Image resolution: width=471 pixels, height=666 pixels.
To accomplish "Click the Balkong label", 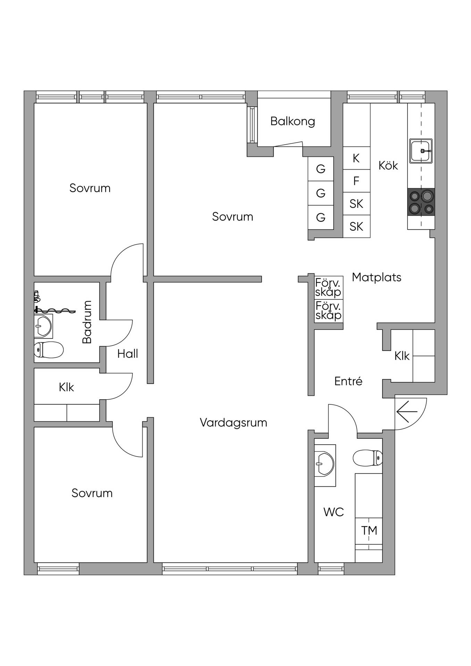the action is coord(293,121).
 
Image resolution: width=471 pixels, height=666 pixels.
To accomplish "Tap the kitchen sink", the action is coord(421,151).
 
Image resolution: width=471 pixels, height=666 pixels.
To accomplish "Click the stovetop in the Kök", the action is coord(421,202).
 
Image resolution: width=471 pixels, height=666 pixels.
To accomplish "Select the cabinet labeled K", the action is coord(356,158).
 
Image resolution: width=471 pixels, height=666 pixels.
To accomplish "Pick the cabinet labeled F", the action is coord(356,181).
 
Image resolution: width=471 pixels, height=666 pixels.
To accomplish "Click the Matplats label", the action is coord(377,277).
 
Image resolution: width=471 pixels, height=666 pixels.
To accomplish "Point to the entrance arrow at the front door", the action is coord(407,412).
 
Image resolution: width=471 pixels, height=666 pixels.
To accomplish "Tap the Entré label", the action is coord(348,381).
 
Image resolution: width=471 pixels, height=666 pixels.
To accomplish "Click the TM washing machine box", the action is coord(369,530).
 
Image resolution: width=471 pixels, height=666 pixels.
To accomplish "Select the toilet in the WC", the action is coord(368,458).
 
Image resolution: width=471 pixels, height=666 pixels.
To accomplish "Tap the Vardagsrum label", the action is coord(234,422).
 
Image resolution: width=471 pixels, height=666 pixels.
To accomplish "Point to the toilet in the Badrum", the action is coord(49,350).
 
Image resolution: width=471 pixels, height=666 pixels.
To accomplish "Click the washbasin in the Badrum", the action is coord(43,326).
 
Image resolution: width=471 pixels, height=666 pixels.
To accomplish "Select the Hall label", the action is coord(128,354).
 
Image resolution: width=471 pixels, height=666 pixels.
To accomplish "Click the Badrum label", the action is coord(87,322).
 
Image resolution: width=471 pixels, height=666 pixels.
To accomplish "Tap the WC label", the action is coord(334,512).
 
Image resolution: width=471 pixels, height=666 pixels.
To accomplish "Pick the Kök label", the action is coord(388,165).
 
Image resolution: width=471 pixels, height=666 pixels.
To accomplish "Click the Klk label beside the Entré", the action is coord(402,356).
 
